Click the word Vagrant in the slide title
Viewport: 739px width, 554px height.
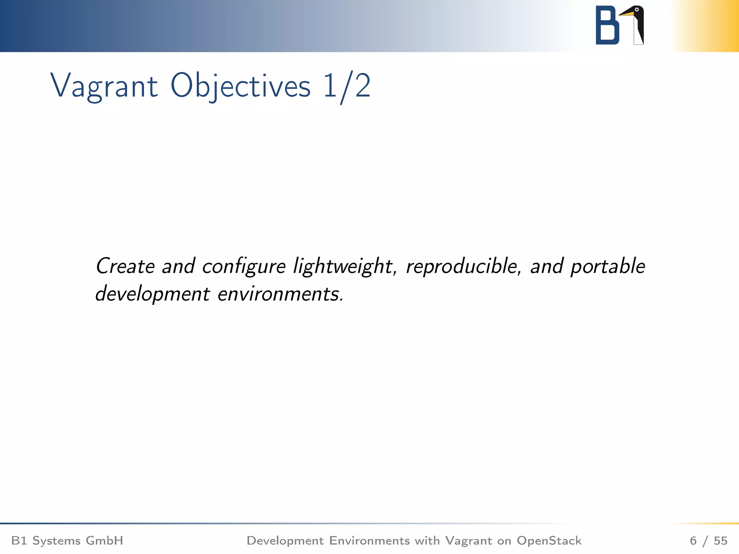click(x=104, y=87)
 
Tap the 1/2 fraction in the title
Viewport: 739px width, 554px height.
click(x=347, y=87)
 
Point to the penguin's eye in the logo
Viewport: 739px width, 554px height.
click(x=637, y=10)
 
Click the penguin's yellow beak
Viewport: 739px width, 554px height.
click(x=627, y=14)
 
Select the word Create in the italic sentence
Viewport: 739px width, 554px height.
click(x=125, y=266)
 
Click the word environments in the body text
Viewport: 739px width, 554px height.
click(x=280, y=294)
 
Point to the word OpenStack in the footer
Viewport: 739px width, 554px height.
click(x=549, y=541)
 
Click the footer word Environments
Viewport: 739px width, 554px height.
click(x=369, y=541)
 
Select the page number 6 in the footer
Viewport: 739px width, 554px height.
click(x=693, y=541)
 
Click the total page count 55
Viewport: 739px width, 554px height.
click(x=720, y=541)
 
